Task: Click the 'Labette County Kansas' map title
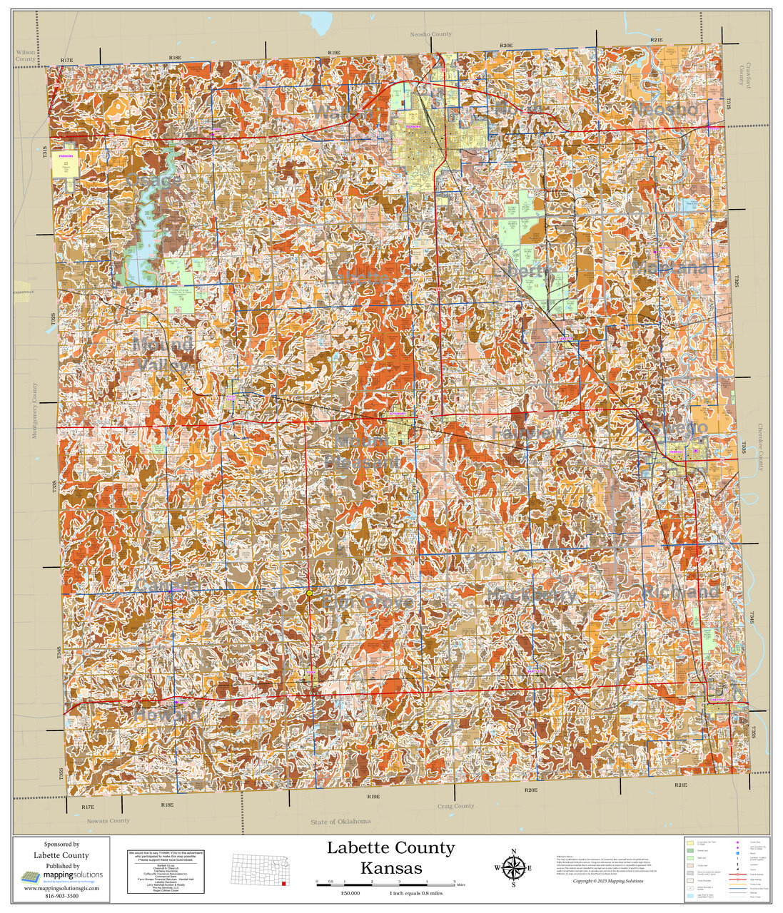click(390, 857)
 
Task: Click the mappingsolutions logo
click(61, 876)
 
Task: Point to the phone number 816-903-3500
click(61, 896)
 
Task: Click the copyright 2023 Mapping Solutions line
click(607, 881)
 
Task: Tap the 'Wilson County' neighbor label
click(25, 56)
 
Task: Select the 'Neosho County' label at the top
click(430, 34)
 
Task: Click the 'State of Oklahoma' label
click(340, 821)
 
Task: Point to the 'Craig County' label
click(455, 806)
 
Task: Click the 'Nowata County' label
click(108, 820)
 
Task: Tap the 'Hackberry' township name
click(533, 594)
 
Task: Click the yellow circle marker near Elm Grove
click(309, 593)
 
